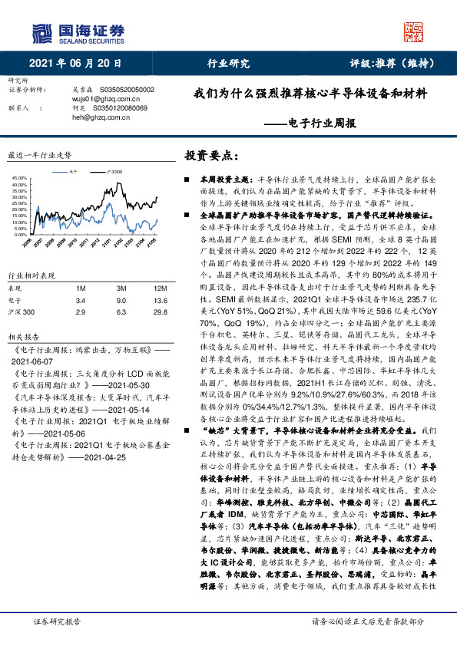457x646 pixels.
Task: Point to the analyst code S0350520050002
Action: (x=124, y=90)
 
